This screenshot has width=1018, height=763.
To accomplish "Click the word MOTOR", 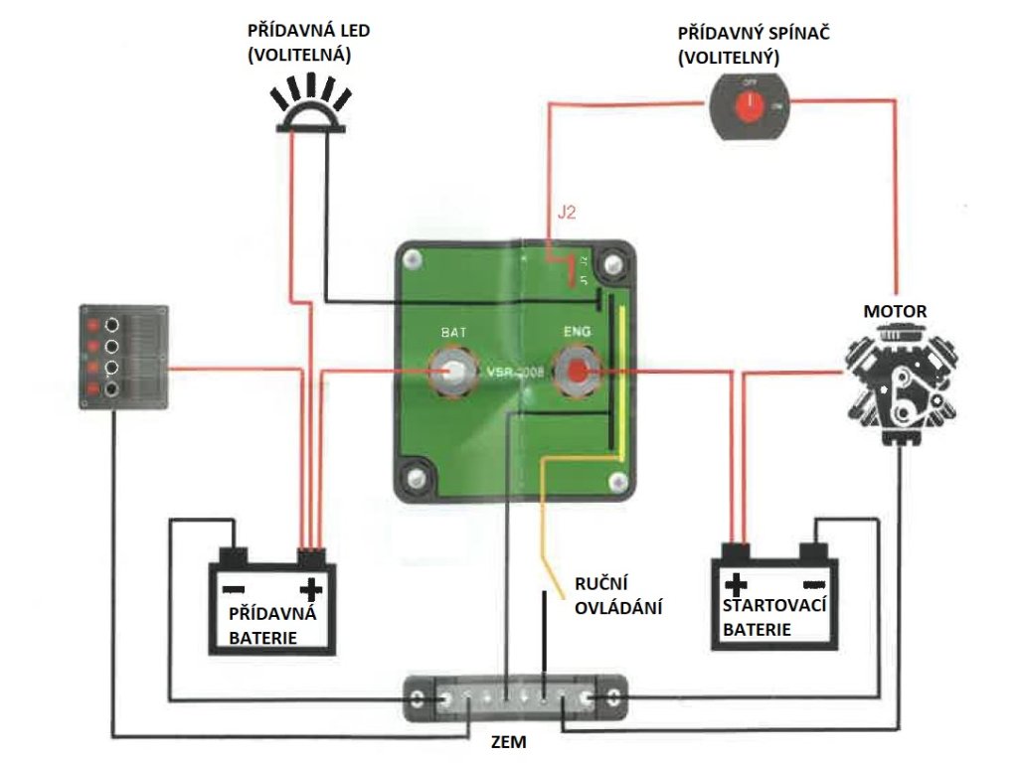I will (x=895, y=312).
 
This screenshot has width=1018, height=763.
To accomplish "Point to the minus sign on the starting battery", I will (x=813, y=583).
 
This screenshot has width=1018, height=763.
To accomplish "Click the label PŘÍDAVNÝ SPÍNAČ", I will (x=754, y=34).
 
